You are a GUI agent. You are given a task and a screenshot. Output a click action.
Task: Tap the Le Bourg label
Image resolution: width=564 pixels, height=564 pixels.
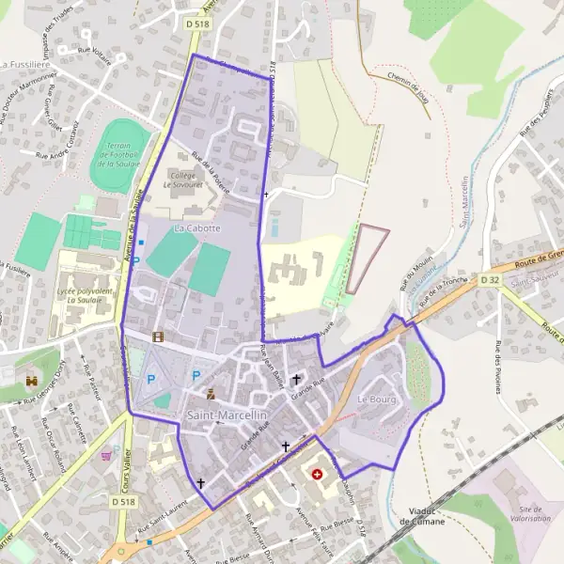pos(376,400)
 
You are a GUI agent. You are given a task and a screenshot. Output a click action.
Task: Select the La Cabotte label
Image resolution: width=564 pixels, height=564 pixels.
pos(197,228)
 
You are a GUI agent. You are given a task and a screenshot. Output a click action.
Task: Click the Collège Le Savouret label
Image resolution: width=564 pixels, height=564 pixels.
pos(192,180)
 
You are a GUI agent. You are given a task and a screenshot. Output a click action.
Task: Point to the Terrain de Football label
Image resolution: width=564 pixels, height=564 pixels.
pos(119,155)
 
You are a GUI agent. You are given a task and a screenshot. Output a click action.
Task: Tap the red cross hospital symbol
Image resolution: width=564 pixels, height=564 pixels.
pos(317,474)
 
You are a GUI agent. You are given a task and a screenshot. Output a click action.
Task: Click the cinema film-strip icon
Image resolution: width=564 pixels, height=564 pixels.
pos(158,336)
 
